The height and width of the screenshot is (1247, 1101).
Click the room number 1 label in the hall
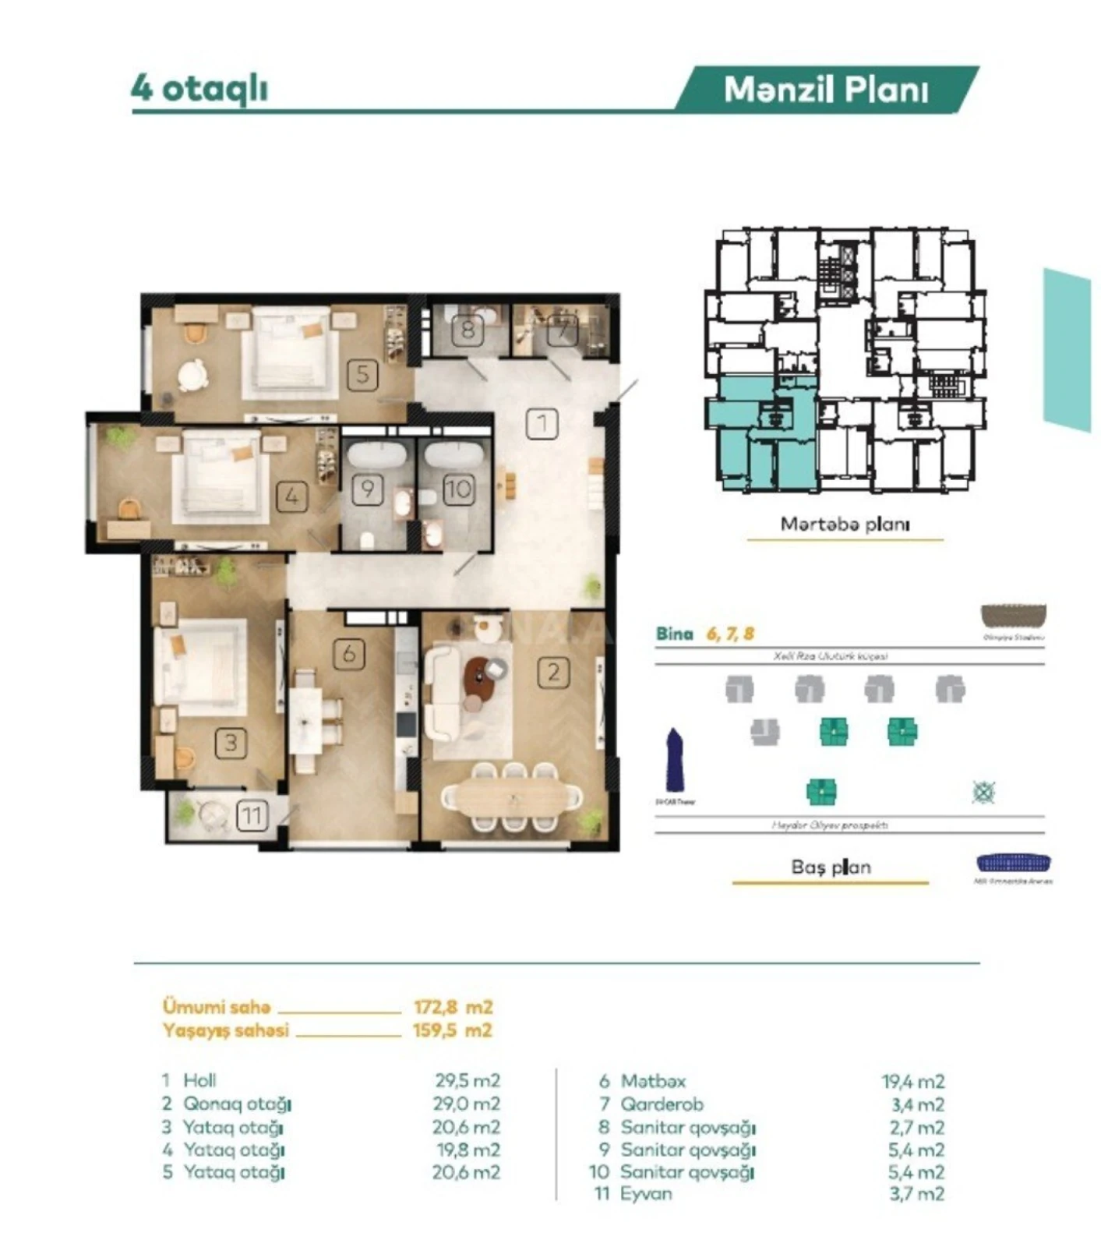click(542, 424)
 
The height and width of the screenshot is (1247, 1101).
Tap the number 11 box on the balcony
click(251, 816)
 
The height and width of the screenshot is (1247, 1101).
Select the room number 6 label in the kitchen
click(348, 653)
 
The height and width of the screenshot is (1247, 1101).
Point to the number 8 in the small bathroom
click(468, 330)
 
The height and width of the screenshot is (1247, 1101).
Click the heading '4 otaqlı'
click(199, 89)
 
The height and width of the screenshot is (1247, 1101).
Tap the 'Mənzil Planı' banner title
click(826, 90)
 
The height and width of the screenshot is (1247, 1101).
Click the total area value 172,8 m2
click(453, 1007)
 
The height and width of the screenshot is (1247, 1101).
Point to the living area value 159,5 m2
click(452, 1030)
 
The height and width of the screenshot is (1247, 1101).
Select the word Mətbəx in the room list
click(653, 1082)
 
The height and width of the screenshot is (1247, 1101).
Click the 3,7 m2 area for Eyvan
click(916, 1194)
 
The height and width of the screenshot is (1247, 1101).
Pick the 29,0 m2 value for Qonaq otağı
click(467, 1104)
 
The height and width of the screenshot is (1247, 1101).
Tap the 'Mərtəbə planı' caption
click(845, 525)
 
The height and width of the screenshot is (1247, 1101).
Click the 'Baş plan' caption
click(831, 867)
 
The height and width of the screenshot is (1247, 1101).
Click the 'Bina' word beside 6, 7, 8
click(674, 634)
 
